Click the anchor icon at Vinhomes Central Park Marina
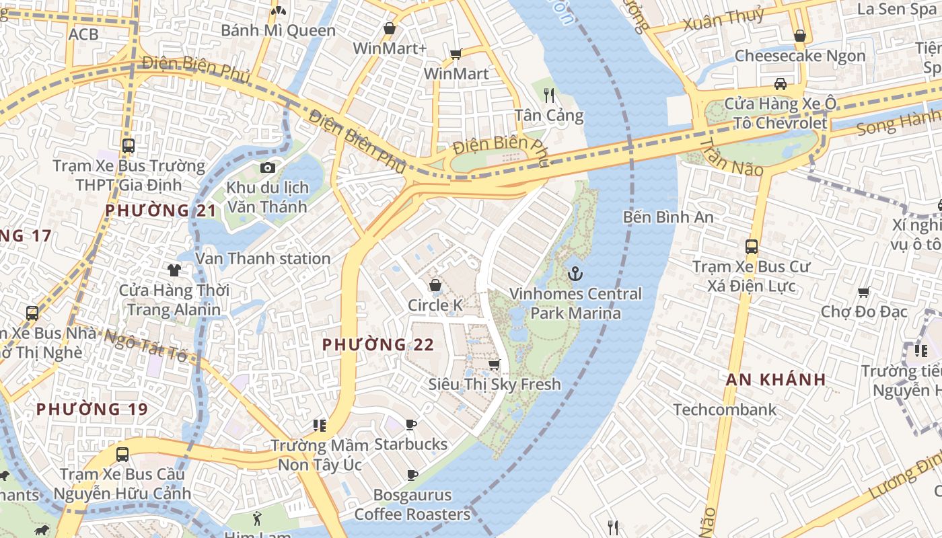tap(575, 274)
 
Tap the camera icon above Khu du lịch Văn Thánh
tap(268, 167)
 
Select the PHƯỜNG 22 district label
tap(377, 345)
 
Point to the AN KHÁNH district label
tap(776, 379)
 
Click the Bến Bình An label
tap(667, 217)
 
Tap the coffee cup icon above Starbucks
tap(411, 424)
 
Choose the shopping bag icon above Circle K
tap(435, 285)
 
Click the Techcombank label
tap(725, 410)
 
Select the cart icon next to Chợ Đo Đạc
tap(864, 292)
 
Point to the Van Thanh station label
tap(262, 258)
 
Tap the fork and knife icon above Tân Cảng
tap(549, 95)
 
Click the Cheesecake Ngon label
tap(799, 56)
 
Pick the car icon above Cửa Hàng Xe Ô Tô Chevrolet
tap(780, 84)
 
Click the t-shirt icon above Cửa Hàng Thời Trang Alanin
tap(174, 270)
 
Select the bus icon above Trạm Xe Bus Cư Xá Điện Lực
tap(752, 247)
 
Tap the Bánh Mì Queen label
tap(278, 31)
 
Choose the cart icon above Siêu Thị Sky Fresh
tap(495, 364)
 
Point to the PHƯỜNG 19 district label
tap(92, 409)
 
